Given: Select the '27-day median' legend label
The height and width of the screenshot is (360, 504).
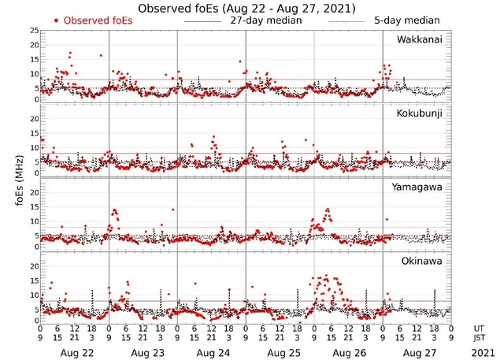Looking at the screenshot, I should (265, 20).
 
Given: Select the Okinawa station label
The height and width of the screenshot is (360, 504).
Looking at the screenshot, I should (423, 260).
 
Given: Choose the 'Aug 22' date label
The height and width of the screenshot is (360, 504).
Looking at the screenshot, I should (75, 347).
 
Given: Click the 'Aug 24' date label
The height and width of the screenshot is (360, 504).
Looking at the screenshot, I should (212, 347).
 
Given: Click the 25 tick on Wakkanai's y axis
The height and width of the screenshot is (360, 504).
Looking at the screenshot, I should (32, 30).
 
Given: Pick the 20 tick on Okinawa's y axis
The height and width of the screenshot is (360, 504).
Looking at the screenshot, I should (32, 265).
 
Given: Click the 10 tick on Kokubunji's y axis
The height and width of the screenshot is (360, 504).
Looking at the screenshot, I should (32, 147).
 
